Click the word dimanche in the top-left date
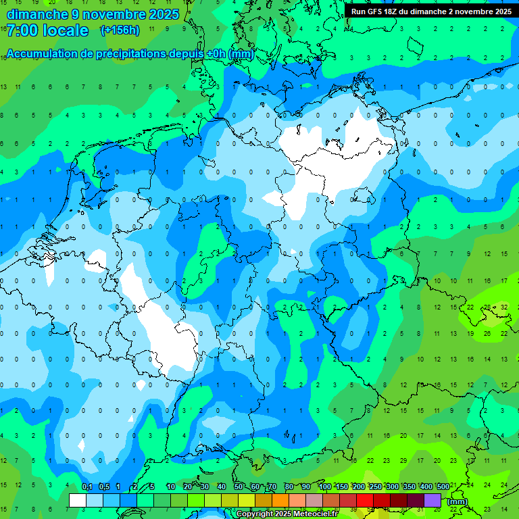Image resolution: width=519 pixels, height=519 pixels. click(38, 14)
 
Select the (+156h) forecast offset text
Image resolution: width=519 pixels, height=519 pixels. click(120, 30)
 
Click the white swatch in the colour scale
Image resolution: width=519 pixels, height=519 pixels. click(78, 500)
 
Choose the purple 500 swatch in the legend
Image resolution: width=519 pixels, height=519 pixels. click(432, 500)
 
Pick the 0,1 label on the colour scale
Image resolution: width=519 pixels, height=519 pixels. click(87, 487)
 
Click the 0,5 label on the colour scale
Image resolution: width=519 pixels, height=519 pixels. click(104, 487)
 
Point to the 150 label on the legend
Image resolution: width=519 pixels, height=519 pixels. click(342, 487)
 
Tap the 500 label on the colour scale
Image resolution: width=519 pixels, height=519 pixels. click(443, 487)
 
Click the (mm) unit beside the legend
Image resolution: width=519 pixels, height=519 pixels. click(458, 501)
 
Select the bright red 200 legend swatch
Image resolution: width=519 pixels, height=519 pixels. click(365, 500)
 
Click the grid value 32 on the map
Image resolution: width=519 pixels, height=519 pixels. click(504, 307)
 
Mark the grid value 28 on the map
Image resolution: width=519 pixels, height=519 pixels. click(487, 307)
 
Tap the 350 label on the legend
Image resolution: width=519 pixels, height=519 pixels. click(410, 487)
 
